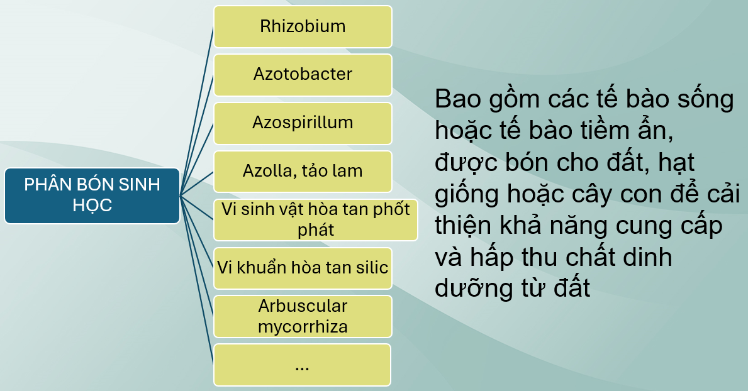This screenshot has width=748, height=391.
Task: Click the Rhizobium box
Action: tap(303, 26)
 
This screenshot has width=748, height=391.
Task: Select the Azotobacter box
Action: tap(303, 75)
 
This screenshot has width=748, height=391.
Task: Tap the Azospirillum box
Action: tap(303, 123)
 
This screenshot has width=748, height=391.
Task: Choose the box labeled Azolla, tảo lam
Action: tap(303, 172)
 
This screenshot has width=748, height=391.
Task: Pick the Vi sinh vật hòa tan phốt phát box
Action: tap(315, 220)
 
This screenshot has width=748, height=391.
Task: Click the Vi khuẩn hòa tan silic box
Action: tap(303, 268)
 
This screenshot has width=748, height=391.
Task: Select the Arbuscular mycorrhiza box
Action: tap(303, 317)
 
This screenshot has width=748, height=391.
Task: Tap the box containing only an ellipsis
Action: tap(302, 365)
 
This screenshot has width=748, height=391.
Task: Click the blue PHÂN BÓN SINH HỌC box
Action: tap(92, 196)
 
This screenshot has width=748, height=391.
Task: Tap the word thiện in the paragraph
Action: tap(463, 226)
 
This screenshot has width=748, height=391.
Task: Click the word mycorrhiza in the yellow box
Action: tap(303, 328)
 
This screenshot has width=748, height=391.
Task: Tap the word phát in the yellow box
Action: tap(315, 230)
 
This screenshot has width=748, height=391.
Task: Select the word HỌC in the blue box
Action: tap(92, 206)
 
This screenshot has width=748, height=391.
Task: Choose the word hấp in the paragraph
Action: tap(491, 258)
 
